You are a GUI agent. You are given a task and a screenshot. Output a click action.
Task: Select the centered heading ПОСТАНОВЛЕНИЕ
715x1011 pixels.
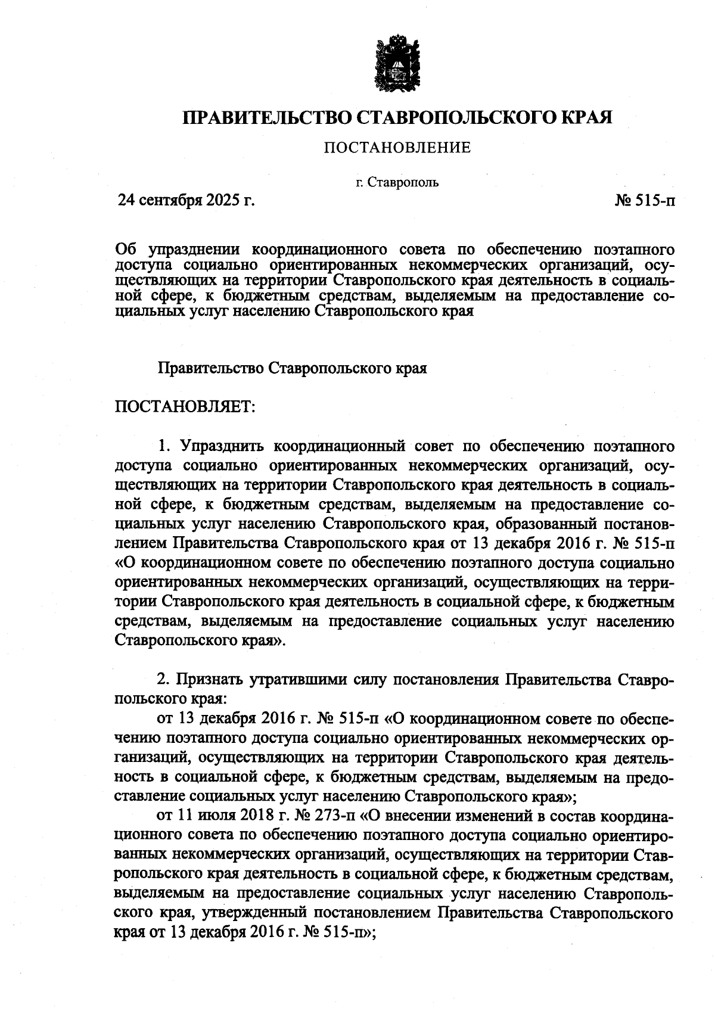397,147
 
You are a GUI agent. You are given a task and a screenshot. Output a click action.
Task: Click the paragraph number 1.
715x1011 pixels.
164,446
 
